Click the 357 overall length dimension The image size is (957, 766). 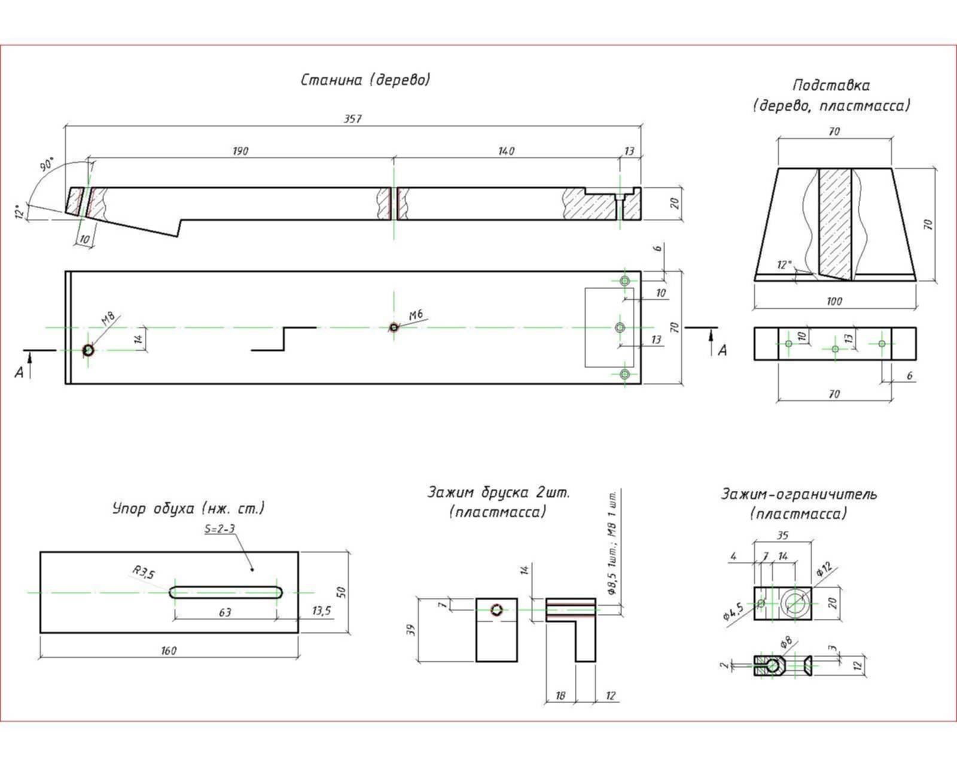tap(352, 119)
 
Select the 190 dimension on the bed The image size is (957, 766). tap(240, 151)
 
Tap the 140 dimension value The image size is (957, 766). tap(506, 151)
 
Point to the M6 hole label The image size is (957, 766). tap(416, 315)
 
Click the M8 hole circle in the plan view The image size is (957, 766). tap(89, 350)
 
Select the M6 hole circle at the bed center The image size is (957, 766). tap(394, 327)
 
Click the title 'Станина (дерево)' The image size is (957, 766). tap(365, 80)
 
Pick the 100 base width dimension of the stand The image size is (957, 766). tap(834, 301)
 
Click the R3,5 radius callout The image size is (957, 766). tap(144, 573)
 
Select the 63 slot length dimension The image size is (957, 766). tap(225, 612)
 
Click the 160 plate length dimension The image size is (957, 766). tap(169, 651)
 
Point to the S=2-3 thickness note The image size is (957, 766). tap(220, 529)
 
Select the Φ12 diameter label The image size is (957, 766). tap(824, 569)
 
